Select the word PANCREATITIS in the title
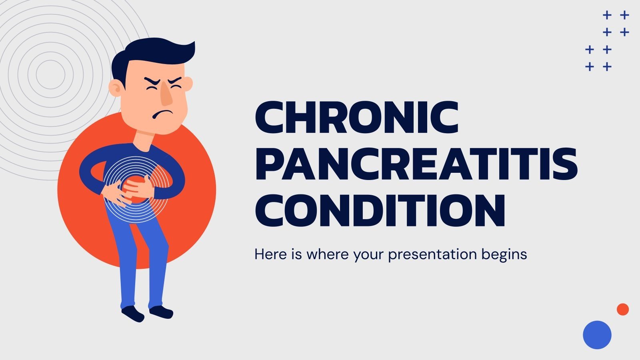tap(416, 164)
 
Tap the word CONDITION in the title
tap(380, 210)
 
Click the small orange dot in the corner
tap(622, 309)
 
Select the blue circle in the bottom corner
tap(597, 335)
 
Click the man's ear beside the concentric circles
tap(115, 88)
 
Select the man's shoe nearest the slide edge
tap(132, 313)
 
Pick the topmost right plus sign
tap(624, 15)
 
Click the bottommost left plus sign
tap(589, 66)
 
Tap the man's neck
tap(144, 138)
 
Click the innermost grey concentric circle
tap(50, 74)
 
